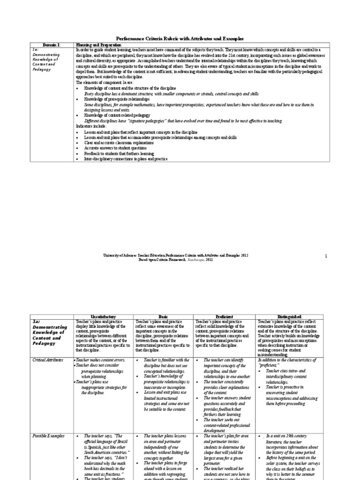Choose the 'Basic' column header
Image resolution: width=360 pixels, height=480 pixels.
pyautogui.click(x=163, y=317)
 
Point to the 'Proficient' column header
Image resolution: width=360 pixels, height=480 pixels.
pyautogui.click(x=224, y=317)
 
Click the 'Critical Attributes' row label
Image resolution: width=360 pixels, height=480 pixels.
pyautogui.click(x=47, y=359)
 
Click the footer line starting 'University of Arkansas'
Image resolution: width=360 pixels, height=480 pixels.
pyautogui.click(x=175, y=255)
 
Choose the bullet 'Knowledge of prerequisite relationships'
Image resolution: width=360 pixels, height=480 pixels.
pyautogui.click(x=117, y=99)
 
